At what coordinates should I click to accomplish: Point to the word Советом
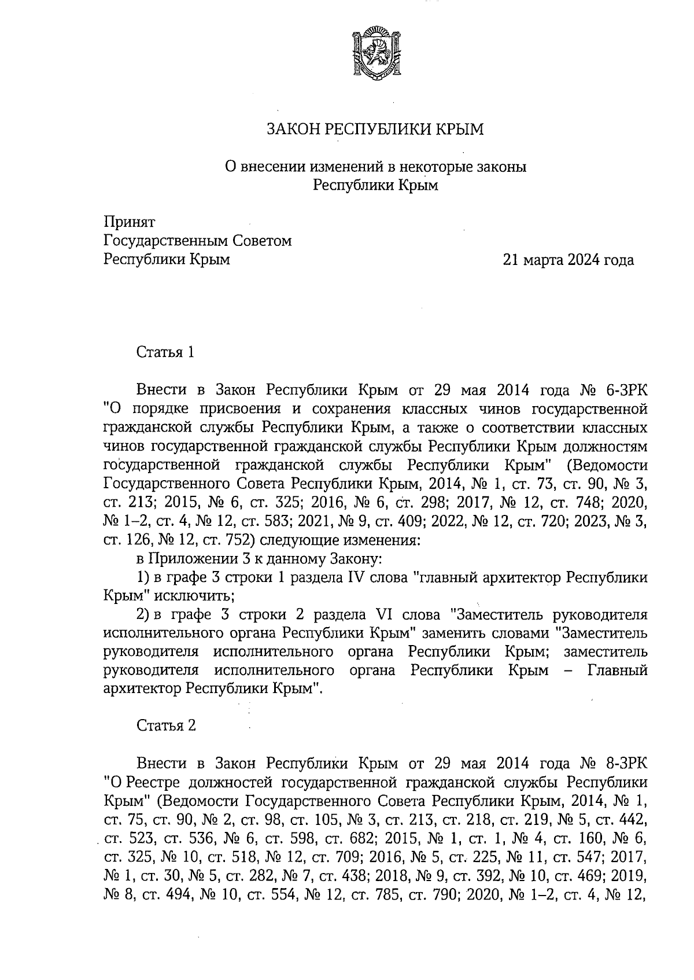(260, 241)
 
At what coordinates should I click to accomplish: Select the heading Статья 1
(165, 352)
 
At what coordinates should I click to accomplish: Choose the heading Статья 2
(166, 725)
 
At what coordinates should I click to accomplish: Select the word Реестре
(153, 782)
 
